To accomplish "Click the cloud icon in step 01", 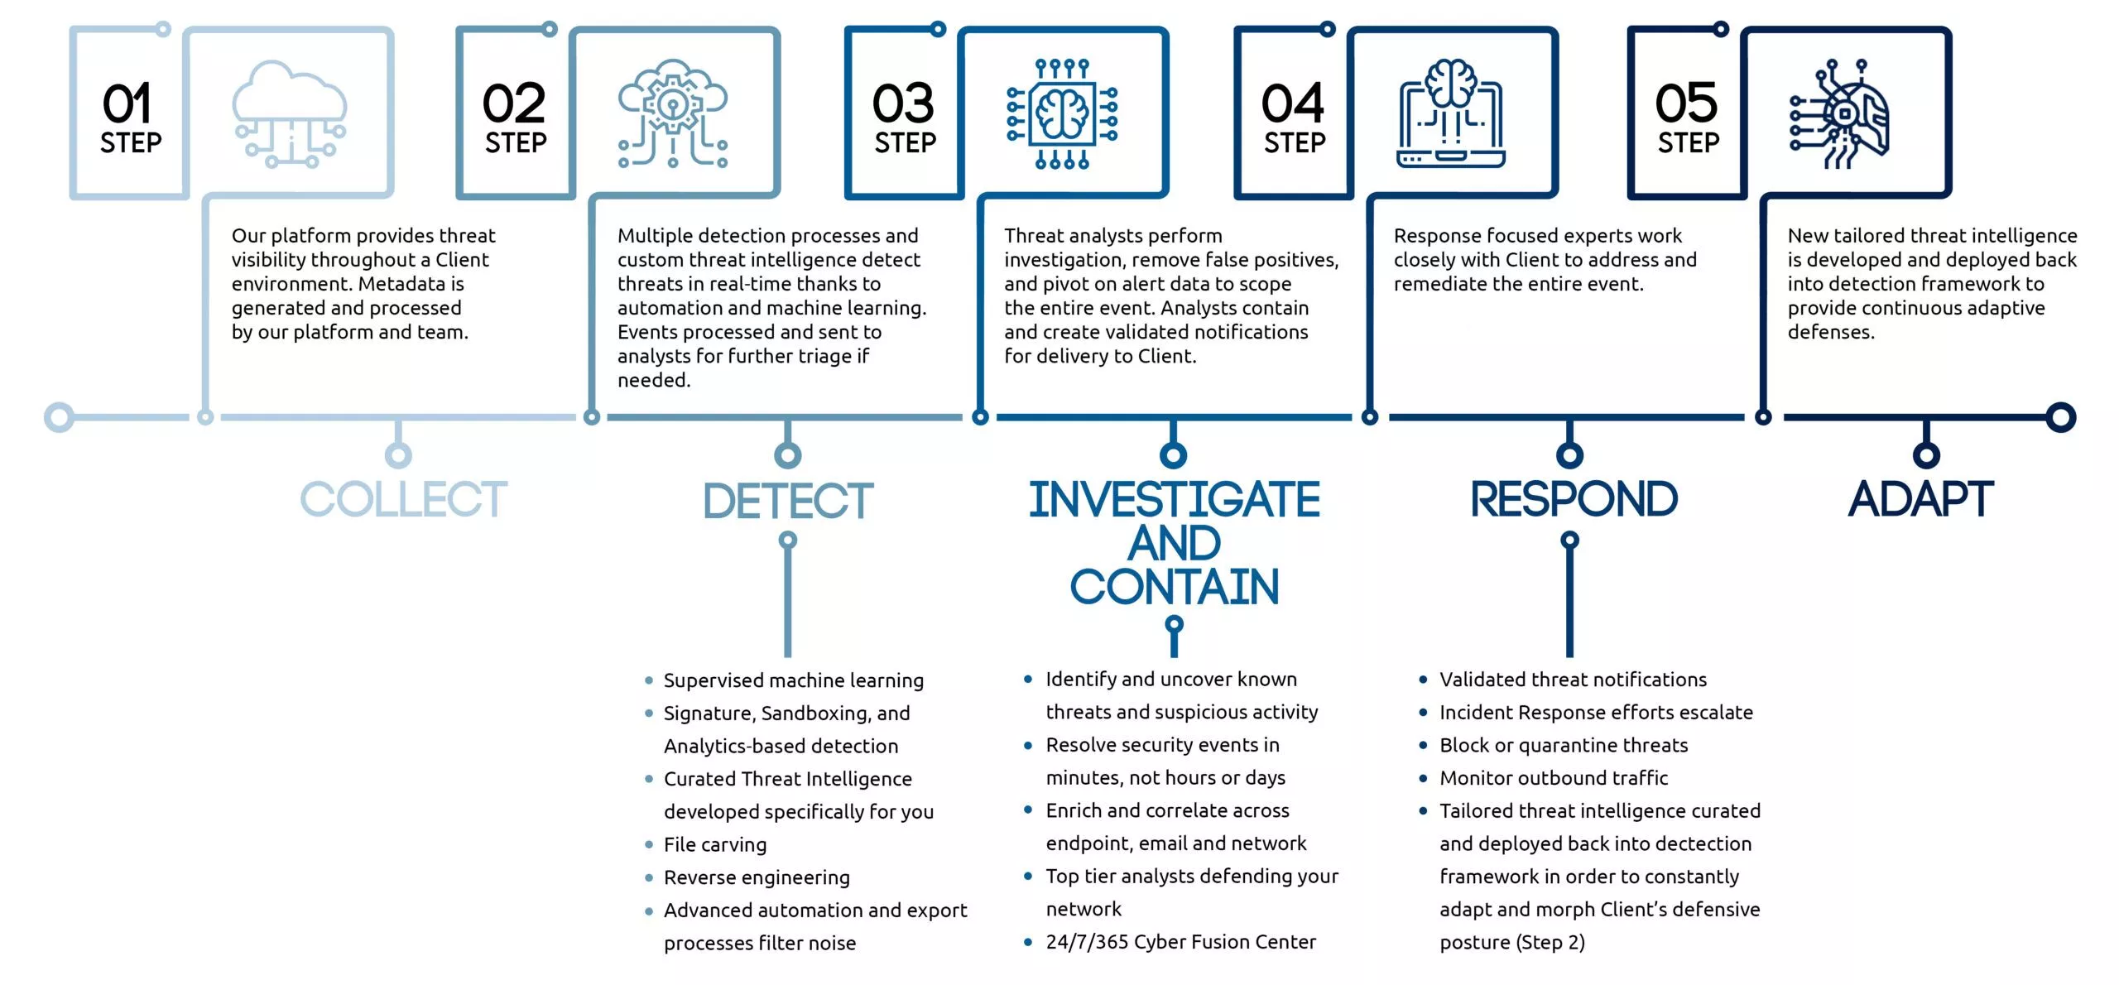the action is pyautogui.click(x=290, y=113).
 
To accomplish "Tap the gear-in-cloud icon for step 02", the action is pyautogui.click(x=673, y=113).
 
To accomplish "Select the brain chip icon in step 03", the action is pyautogui.click(x=1062, y=113).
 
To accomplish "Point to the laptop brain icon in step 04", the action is pyautogui.click(x=1450, y=113).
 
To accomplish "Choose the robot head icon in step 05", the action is pyautogui.click(x=1839, y=113).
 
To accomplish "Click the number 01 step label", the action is pyautogui.click(x=131, y=117).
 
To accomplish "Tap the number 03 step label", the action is pyautogui.click(x=905, y=117).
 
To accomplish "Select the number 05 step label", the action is pyautogui.click(x=1687, y=117).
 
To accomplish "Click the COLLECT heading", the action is pyautogui.click(x=403, y=499).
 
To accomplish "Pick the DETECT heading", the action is pyautogui.click(x=788, y=500).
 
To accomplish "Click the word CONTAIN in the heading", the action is pyautogui.click(x=1174, y=587).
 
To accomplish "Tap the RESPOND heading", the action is pyautogui.click(x=1574, y=499).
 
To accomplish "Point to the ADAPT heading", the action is pyautogui.click(x=1920, y=499).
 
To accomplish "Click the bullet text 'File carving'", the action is pyautogui.click(x=715, y=844).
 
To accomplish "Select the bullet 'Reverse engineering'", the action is pyautogui.click(x=757, y=877).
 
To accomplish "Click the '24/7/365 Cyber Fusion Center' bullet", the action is pyautogui.click(x=1180, y=942).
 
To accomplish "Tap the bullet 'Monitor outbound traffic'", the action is pyautogui.click(x=1554, y=778).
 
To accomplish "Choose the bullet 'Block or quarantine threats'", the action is pyautogui.click(x=1564, y=745).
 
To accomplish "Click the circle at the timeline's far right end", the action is pyautogui.click(x=2060, y=417).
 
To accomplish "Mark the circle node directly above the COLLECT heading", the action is pyautogui.click(x=398, y=454).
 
